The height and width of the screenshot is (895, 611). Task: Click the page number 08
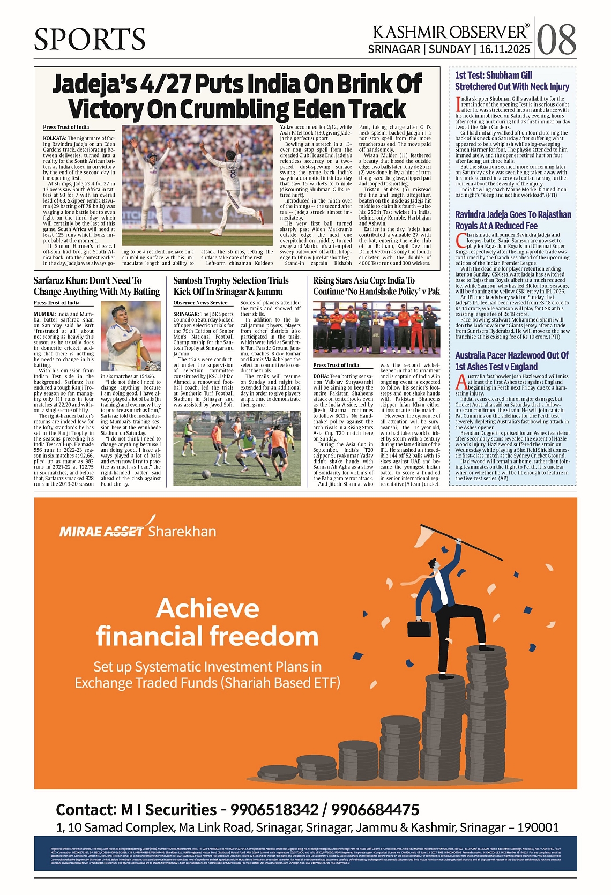point(556,39)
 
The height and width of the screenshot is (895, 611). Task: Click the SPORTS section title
point(90,39)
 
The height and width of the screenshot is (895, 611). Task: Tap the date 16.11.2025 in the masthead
point(505,49)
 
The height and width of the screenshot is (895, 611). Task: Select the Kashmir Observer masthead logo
point(451,32)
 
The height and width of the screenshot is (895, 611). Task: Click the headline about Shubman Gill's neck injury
point(512,81)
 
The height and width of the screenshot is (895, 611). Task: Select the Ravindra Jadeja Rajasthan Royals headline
point(513,220)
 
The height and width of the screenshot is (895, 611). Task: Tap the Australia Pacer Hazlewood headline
point(512,361)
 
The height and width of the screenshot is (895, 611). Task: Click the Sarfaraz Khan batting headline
point(96,286)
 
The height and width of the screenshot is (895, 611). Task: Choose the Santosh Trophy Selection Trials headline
point(231,286)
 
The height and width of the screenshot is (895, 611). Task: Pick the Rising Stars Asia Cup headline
point(376,286)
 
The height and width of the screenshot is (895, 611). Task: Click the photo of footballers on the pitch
point(240,448)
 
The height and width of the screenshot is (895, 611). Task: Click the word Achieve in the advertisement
point(207,608)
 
